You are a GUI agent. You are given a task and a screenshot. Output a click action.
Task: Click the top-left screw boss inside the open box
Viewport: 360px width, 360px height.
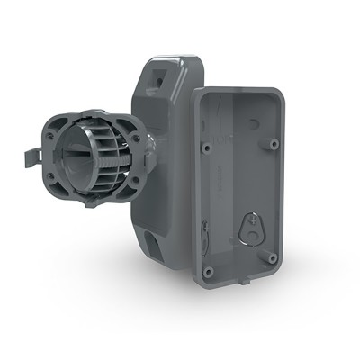206,146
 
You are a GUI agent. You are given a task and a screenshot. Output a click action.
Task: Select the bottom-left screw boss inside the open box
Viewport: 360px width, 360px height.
208,270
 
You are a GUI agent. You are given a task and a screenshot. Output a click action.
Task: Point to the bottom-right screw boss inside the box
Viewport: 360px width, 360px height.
272,258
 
